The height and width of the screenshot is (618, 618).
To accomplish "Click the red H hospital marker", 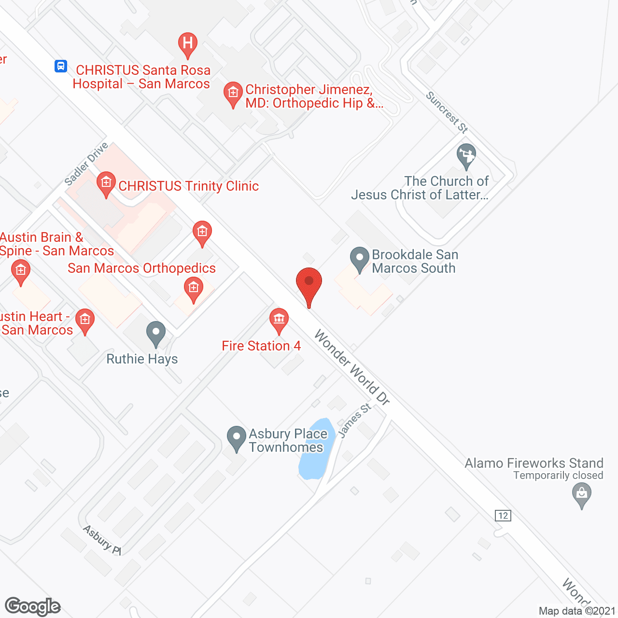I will (x=188, y=43).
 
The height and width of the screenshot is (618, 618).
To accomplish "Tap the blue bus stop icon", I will (x=61, y=66).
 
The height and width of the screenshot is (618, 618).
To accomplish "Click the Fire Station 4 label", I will (x=261, y=346).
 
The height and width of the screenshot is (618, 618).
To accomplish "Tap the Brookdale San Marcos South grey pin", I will (x=359, y=259).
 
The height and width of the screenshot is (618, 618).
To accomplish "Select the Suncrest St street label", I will (x=447, y=112).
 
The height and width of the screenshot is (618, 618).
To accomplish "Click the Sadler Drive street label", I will (x=86, y=164).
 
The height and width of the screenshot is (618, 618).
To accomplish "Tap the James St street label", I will (x=354, y=420).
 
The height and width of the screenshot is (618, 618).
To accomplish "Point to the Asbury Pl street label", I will (x=102, y=540).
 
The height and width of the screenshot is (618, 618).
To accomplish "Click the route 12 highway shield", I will (x=503, y=515).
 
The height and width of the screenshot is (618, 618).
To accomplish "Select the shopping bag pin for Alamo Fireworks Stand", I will (x=582, y=495).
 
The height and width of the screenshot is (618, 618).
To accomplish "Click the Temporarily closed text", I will (x=558, y=476).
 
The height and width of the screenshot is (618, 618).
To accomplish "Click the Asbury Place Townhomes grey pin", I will (x=237, y=438).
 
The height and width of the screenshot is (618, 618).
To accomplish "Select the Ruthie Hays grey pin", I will (x=156, y=333).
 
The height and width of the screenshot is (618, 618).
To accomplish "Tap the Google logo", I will (x=33, y=606).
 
